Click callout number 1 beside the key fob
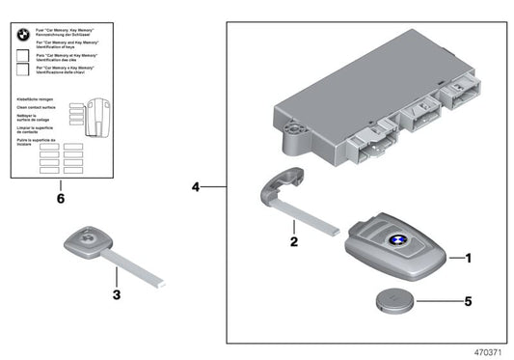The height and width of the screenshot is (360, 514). [x=470, y=258]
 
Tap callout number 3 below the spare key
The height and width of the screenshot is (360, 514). [x=115, y=294]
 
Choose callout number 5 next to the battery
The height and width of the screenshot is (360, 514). [x=470, y=301]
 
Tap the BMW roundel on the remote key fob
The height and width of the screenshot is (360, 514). [x=395, y=241]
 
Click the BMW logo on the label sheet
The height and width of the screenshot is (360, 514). [x=22, y=33]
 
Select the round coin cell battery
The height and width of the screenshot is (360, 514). [x=395, y=300]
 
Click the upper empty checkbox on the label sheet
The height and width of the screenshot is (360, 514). [x=22, y=59]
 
